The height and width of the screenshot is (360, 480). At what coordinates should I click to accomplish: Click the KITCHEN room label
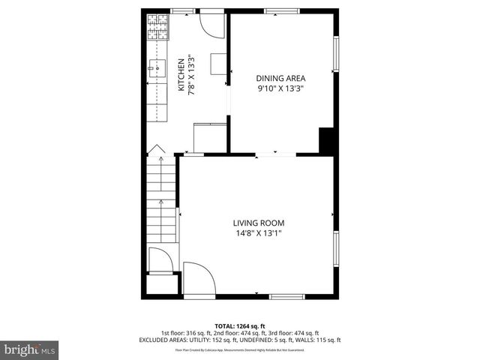[181, 75]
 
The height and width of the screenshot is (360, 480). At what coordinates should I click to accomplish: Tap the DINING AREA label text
[280, 78]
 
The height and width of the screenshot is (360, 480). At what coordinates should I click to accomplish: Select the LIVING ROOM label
[258, 223]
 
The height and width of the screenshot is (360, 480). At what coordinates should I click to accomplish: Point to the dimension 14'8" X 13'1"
[258, 233]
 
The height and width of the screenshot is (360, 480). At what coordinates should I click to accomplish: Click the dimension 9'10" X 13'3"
[280, 88]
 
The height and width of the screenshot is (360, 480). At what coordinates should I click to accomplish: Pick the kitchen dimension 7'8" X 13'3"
[191, 75]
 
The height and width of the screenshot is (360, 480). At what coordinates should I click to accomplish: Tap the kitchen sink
[158, 70]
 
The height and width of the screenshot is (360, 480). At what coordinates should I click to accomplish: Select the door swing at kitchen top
[213, 26]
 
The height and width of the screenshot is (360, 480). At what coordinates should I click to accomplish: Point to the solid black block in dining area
[326, 140]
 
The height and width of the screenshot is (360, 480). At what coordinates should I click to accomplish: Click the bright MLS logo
[30, 349]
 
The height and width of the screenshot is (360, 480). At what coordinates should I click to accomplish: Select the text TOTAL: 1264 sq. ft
[239, 326]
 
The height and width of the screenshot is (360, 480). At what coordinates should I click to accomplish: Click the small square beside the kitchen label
[218, 64]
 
